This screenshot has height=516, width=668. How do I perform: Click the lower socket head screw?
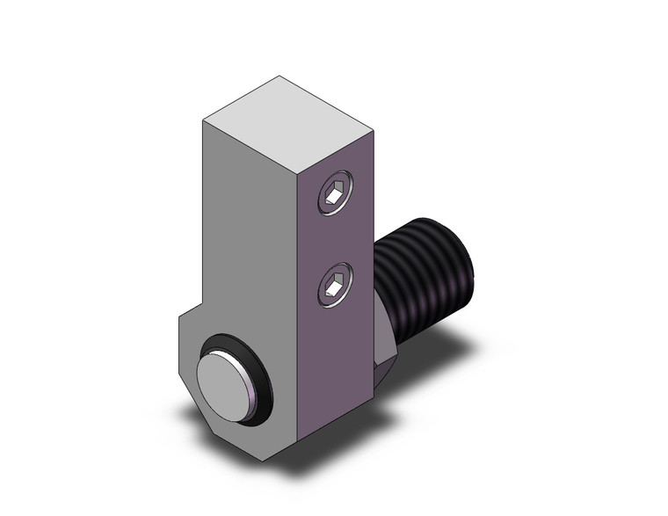334,287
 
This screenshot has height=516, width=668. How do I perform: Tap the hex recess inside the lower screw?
333,287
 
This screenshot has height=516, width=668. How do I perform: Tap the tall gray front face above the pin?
250,237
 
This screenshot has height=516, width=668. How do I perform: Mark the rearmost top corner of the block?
280,76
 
